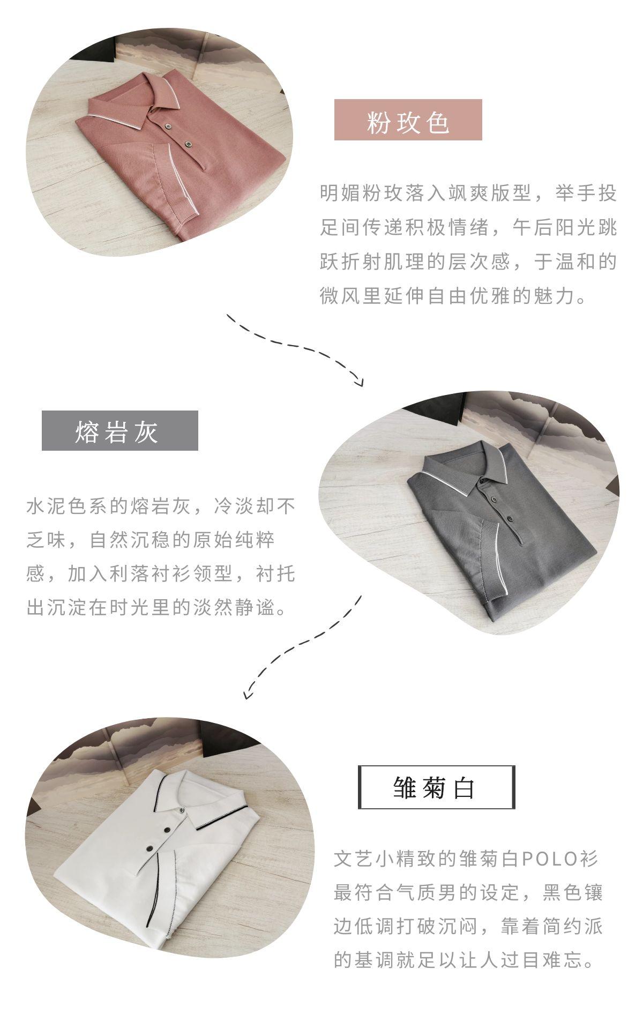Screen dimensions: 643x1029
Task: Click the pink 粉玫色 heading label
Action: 408,120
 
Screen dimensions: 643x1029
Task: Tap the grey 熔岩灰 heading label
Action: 120,430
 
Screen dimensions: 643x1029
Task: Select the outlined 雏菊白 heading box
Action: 437,787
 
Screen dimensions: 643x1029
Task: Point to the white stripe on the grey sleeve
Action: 501,557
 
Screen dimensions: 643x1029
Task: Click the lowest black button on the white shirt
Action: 151,848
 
